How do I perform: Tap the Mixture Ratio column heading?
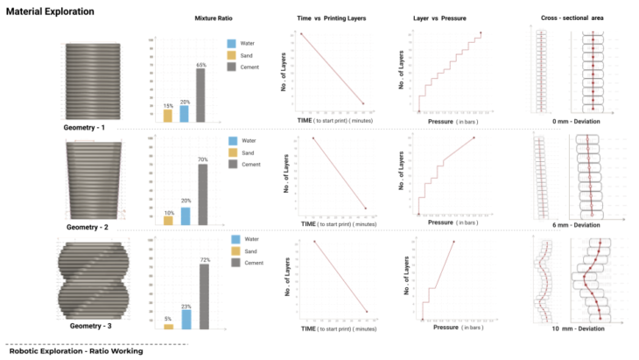coord(213,18)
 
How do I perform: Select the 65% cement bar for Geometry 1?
coord(201,95)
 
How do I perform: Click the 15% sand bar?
coord(167,116)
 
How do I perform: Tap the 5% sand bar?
coord(168,327)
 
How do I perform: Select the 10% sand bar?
coord(168,221)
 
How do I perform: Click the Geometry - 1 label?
coord(85,128)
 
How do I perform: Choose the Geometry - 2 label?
coord(86,227)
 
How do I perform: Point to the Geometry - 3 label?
coord(85,326)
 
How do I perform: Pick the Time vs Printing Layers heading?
coord(332,18)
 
